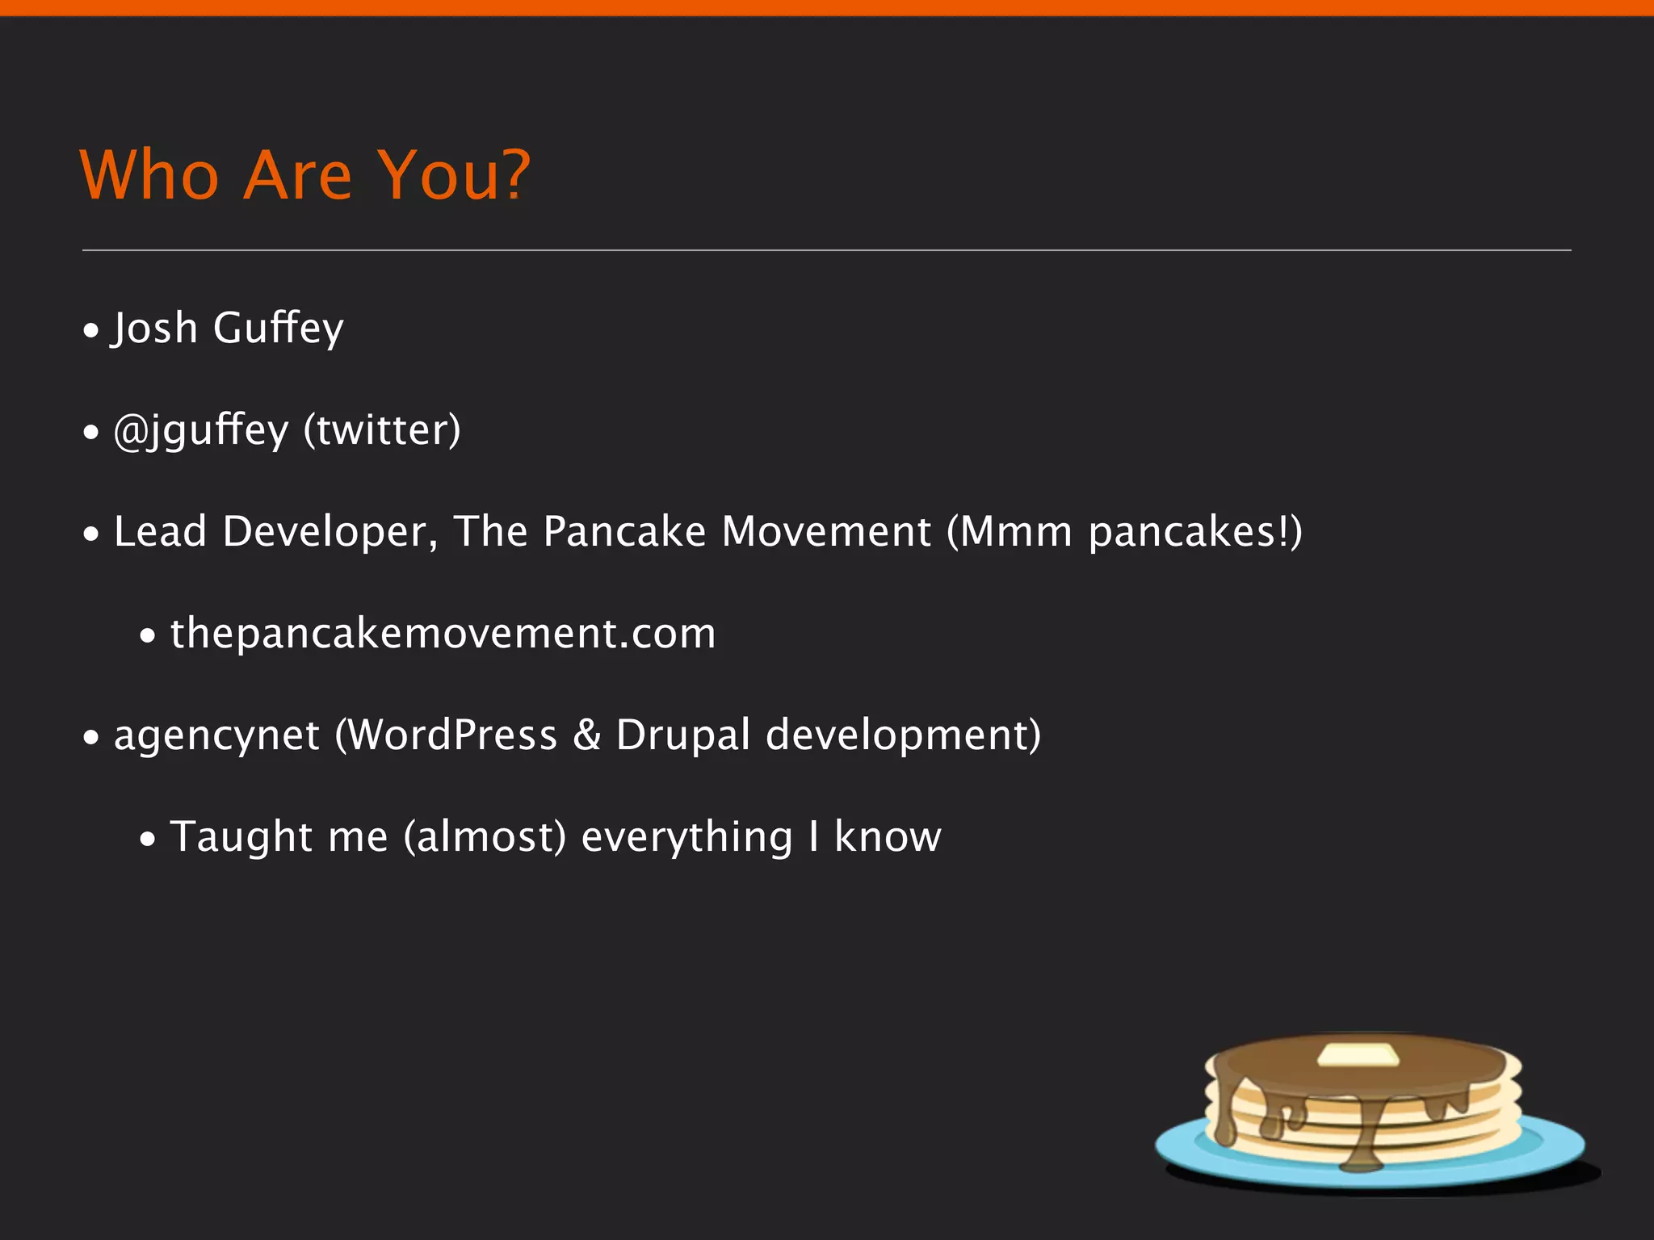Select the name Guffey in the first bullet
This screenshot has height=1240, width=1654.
pyautogui.click(x=278, y=328)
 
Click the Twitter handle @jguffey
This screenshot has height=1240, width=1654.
pyautogui.click(x=200, y=430)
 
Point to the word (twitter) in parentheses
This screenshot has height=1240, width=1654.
pyautogui.click(x=382, y=430)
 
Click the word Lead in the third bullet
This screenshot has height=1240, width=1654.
pyautogui.click(x=160, y=532)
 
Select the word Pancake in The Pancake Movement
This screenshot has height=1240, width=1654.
pyautogui.click(x=624, y=532)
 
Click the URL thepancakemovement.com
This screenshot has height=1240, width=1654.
pyautogui.click(x=443, y=634)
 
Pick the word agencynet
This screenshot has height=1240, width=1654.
pyautogui.click(x=216, y=736)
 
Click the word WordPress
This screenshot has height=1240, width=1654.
pyautogui.click(x=452, y=735)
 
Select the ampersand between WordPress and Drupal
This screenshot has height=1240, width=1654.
pyautogui.click(x=587, y=735)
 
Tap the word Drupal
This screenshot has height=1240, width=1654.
pyautogui.click(x=683, y=735)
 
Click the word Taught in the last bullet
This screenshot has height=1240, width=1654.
pyautogui.click(x=241, y=837)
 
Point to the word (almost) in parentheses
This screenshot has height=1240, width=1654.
pyautogui.click(x=485, y=837)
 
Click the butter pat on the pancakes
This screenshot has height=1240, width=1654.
pyautogui.click(x=1357, y=1054)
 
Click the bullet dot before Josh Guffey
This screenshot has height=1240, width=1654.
pyautogui.click(x=91, y=330)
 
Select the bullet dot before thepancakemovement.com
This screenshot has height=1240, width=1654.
pyautogui.click(x=147, y=636)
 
